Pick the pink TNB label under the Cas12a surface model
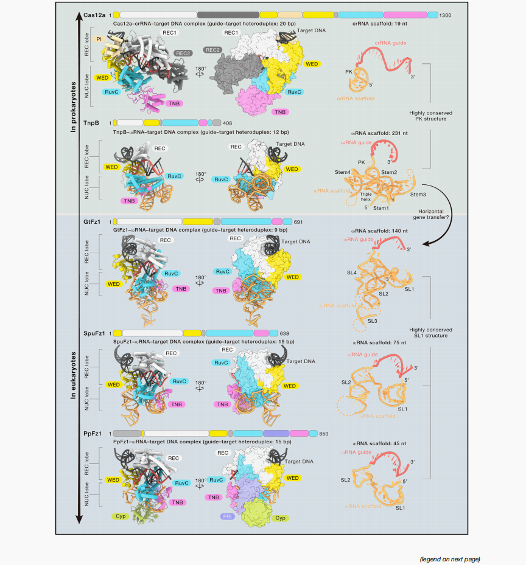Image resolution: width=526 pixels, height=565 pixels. coord(280,112)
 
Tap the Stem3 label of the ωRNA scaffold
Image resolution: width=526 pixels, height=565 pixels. coord(418,194)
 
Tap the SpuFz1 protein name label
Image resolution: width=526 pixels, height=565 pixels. coord(95,333)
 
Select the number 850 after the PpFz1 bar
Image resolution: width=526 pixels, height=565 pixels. coord(323,433)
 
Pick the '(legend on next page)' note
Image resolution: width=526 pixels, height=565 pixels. coord(449,559)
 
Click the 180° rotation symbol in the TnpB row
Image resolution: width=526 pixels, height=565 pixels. coord(200,175)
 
